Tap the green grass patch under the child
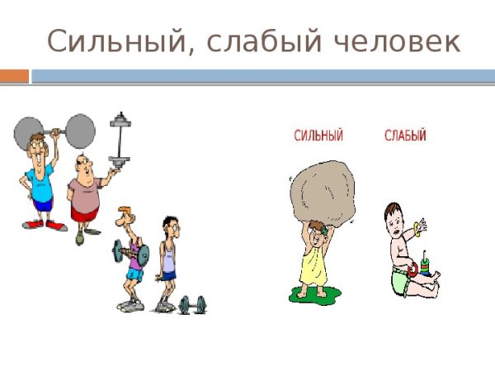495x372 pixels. click(314, 293)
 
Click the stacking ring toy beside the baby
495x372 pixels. click(424, 265)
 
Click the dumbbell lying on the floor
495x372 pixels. click(192, 304)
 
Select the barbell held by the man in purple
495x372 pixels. click(138, 251)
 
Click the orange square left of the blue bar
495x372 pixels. click(14, 76)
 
